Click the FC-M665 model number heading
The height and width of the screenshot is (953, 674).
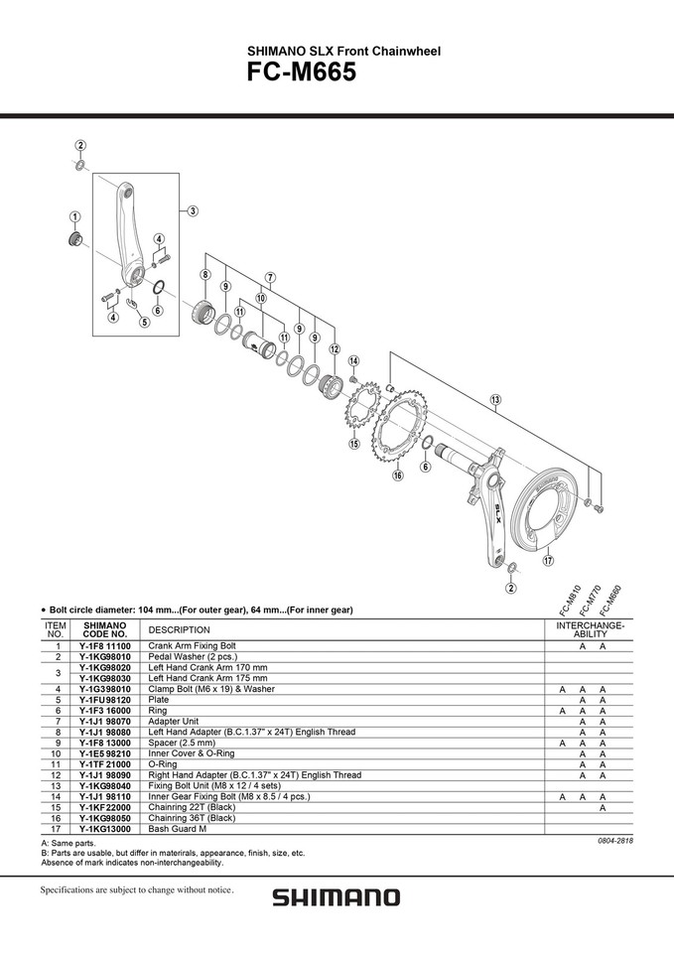coord(301,72)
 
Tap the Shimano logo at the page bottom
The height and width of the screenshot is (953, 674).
coord(337,897)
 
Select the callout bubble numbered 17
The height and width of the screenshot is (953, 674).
coord(548,560)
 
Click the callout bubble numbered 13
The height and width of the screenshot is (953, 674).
coord(495,399)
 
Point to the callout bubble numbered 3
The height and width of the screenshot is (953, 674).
coord(192,210)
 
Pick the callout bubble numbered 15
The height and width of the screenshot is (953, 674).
coord(353,444)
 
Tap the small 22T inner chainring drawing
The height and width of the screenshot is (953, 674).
coord(362,411)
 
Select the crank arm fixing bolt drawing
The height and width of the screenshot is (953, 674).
coord(75,238)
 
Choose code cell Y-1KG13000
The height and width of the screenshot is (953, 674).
coord(104,828)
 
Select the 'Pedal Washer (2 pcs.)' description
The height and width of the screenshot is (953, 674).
coord(193,656)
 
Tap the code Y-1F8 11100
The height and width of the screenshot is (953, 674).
coord(104,645)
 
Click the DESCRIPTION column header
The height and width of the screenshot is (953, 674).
coord(180,630)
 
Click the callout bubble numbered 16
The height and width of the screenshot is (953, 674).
coord(398,476)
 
